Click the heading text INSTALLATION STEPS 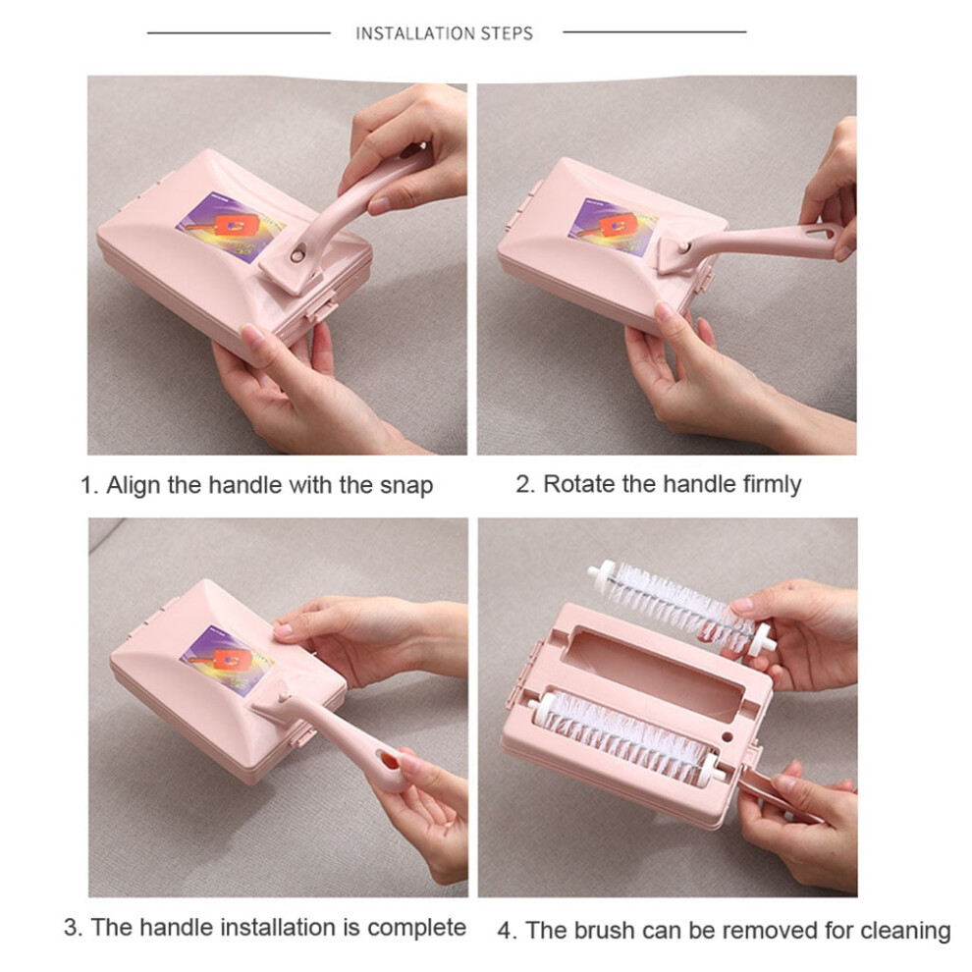444,32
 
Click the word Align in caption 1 134,485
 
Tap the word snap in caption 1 406,486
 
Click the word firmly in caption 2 773,485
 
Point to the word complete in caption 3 416,928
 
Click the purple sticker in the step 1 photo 231,226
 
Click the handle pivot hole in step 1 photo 298,254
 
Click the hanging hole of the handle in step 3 388,759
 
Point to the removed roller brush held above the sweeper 682,606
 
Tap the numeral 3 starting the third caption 72,928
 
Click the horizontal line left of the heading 239,32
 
